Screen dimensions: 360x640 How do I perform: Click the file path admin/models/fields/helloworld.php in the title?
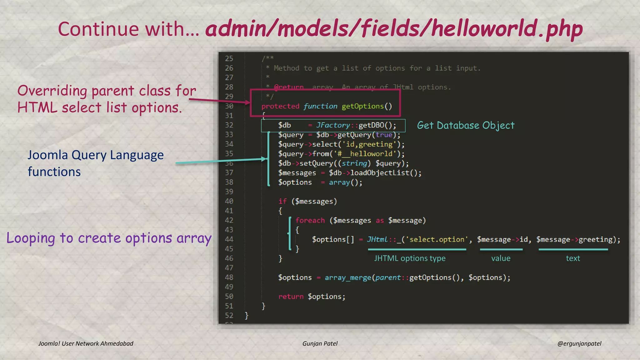click(394, 29)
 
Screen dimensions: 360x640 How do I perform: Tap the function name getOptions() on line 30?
click(367, 106)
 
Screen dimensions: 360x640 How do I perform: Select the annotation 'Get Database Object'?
click(465, 125)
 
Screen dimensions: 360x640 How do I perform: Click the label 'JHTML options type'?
click(410, 258)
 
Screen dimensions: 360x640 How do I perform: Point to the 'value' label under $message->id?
click(501, 258)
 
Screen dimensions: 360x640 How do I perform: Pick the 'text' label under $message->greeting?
click(573, 258)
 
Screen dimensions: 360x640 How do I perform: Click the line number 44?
click(229, 239)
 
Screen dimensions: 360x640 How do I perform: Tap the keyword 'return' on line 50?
click(291, 297)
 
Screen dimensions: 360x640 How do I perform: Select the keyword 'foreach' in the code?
click(310, 221)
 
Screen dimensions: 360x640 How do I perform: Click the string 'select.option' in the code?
click(437, 240)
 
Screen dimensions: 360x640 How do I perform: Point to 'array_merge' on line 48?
click(348, 277)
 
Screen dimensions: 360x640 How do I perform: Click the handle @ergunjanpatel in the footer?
click(579, 343)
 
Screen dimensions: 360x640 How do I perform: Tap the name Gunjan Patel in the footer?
click(320, 343)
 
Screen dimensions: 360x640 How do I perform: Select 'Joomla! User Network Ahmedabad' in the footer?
click(86, 343)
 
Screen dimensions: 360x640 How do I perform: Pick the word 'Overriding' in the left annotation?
click(52, 91)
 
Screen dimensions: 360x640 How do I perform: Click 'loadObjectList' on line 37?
click(380, 173)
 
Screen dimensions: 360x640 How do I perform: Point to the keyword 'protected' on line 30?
click(280, 106)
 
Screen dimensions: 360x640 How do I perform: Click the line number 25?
click(229, 58)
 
